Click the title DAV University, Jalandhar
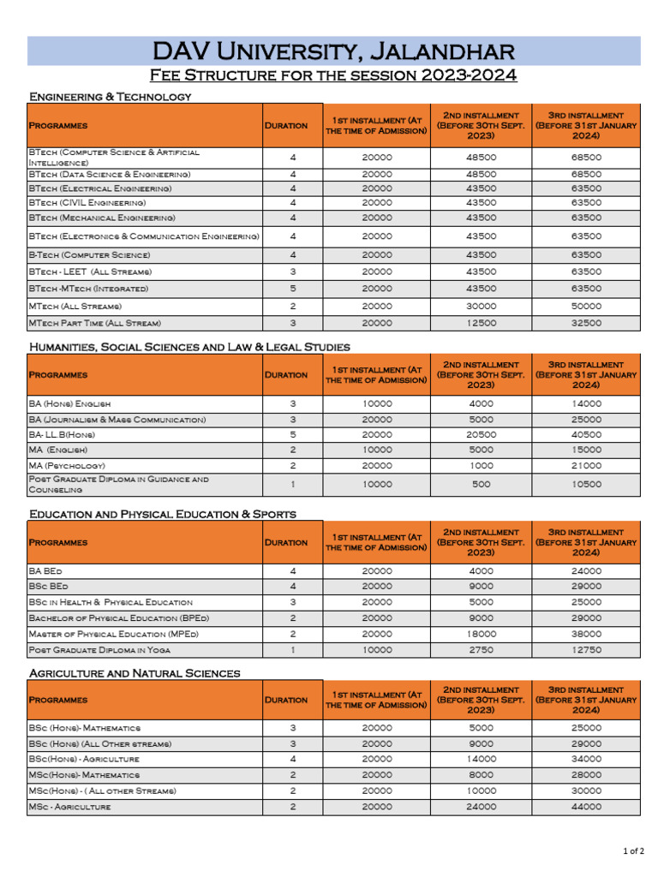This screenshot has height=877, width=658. [333, 51]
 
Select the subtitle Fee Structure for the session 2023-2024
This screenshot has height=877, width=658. [333, 75]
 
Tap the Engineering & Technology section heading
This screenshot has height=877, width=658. [111, 97]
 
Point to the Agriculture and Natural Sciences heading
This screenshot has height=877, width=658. [135, 673]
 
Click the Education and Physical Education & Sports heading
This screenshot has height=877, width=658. [163, 514]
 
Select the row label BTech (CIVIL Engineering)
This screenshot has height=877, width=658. [87, 203]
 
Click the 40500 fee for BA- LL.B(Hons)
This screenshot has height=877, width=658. [586, 434]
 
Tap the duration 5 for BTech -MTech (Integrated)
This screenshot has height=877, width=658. [292, 289]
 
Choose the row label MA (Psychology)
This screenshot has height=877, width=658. [67, 466]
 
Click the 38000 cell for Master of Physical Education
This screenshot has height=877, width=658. [586, 634]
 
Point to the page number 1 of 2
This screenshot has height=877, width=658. [632, 850]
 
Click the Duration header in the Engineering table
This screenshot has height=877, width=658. [286, 125]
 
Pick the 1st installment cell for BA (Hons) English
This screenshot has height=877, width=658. [377, 403]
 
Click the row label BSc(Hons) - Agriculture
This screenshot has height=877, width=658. [84, 759]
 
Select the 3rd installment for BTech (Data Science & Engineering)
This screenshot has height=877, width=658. [586, 174]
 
